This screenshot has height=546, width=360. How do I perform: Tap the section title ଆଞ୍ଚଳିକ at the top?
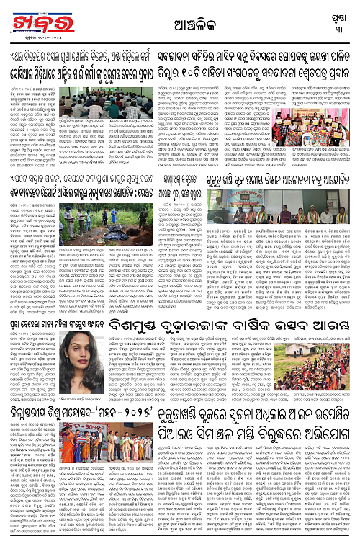point(180,23)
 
